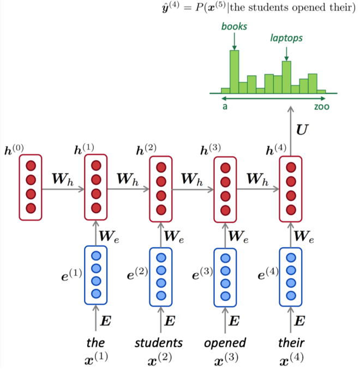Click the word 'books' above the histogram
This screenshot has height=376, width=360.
pos(233,26)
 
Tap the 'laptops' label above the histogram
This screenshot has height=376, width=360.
pos(286,38)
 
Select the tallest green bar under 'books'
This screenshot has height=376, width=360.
pos(234,71)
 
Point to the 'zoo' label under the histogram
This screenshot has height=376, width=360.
pos(321,106)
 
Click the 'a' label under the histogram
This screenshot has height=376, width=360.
pos(225,106)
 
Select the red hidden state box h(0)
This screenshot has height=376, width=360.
pos(31,187)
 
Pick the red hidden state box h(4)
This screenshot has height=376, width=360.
pos(290,188)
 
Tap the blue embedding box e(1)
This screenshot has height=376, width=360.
pos(96,274)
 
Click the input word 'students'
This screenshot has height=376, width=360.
pos(159,343)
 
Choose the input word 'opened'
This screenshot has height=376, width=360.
pos(225,343)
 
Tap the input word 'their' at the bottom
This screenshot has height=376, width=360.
pos(290,343)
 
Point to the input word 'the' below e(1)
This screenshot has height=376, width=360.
pos(95,343)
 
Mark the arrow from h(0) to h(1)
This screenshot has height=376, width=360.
pos(63,189)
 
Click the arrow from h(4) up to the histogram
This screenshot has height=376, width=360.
pos(290,131)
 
